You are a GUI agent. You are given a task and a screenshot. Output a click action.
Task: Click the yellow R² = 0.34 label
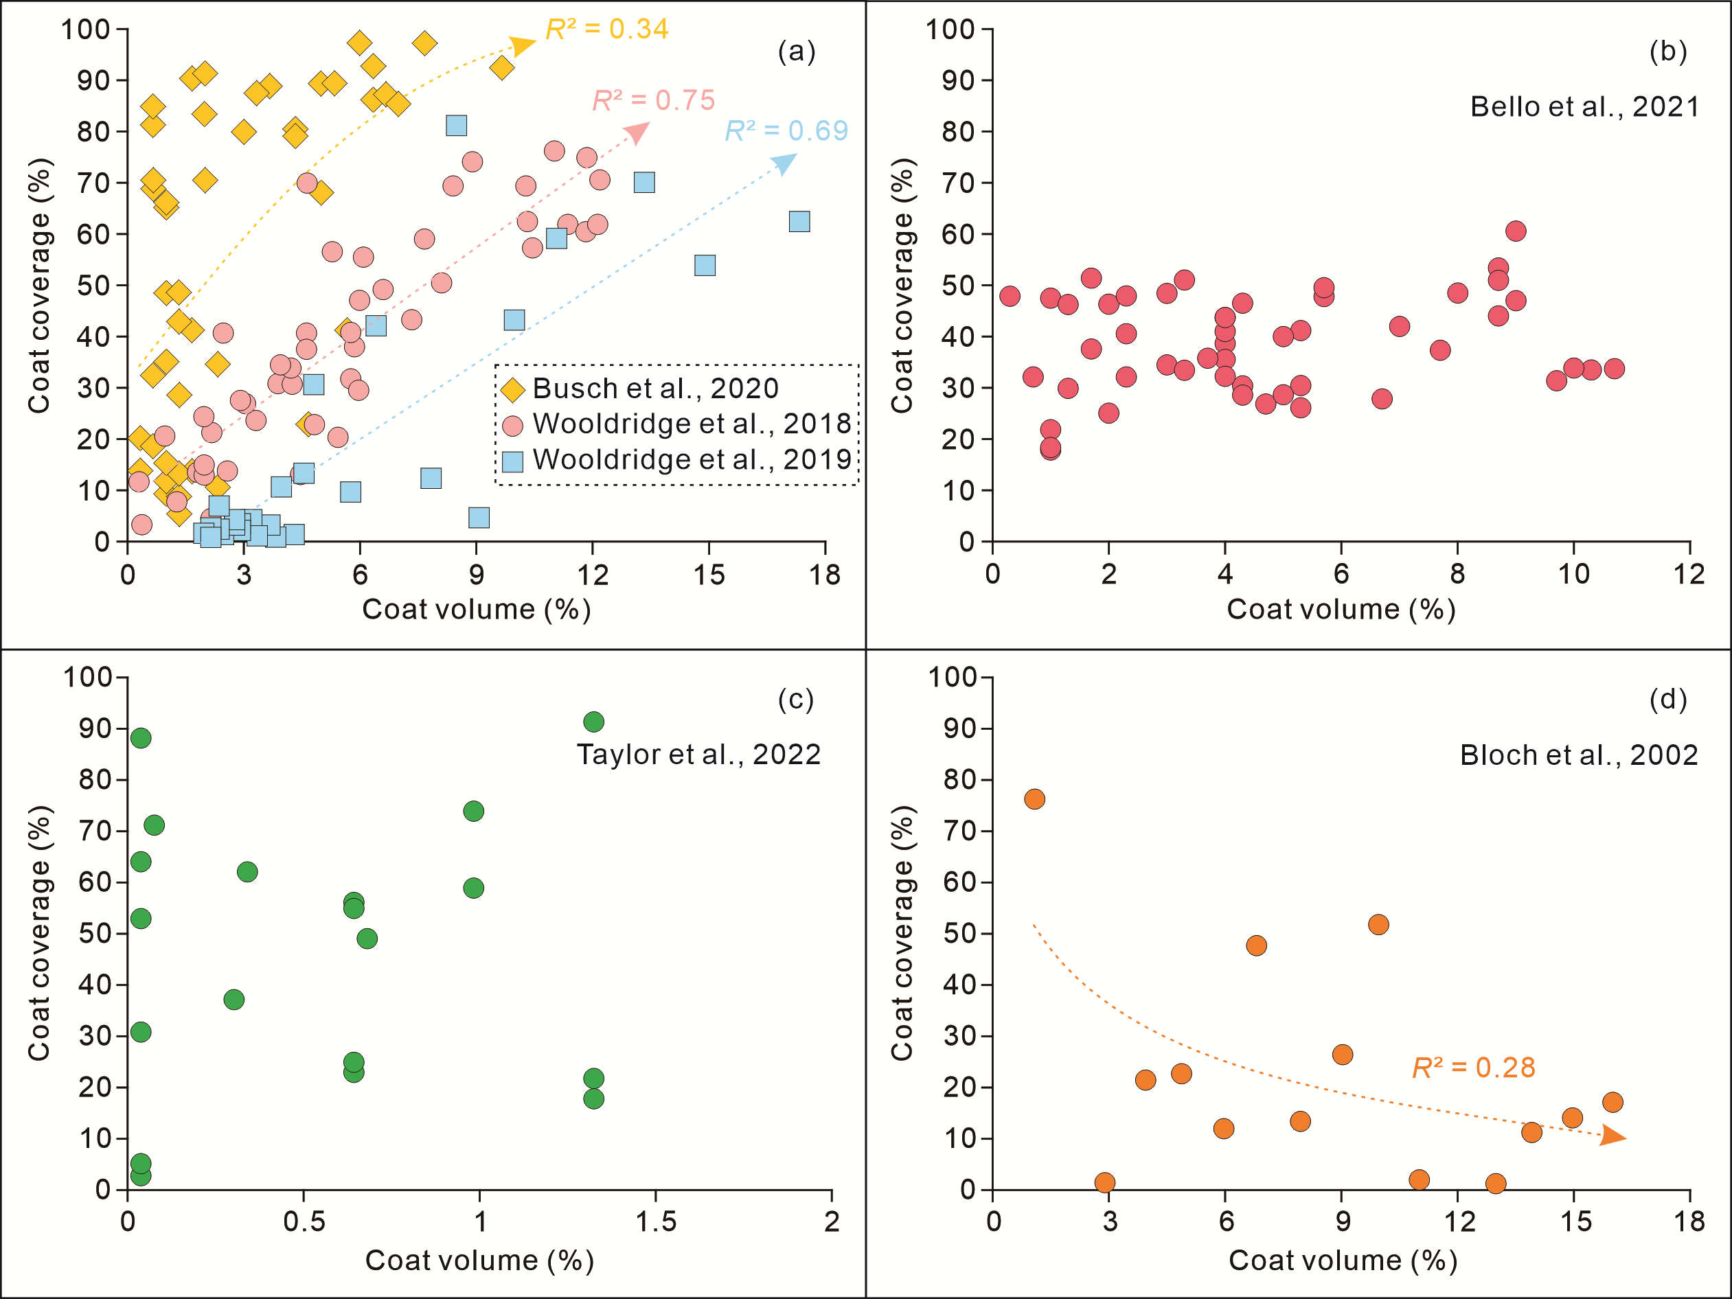point(607,29)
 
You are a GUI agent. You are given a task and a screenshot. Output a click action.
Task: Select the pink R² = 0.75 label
point(653,100)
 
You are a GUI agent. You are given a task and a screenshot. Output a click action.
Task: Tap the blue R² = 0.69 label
point(786,130)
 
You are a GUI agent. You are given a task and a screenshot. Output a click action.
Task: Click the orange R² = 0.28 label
point(1473,1067)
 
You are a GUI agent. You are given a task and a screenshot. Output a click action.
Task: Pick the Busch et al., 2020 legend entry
point(655,389)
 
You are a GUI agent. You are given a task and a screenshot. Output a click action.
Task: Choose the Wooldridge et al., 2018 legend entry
point(692,424)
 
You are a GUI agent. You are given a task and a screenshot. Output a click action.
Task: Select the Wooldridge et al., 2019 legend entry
point(692,459)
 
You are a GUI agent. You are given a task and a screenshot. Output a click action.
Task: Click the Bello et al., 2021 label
point(1584,106)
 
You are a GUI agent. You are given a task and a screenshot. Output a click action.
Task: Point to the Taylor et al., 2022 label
point(698,754)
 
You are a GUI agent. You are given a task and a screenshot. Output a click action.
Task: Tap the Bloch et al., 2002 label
point(1579,755)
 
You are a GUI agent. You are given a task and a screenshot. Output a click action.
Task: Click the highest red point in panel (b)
point(1515,231)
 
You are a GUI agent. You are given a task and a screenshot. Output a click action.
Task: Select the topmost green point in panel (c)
point(593,722)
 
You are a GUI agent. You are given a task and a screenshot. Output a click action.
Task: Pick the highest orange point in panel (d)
point(1034,798)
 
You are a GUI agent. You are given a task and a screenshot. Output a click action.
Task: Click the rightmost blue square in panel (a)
point(799,222)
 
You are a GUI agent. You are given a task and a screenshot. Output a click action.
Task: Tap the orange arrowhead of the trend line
point(1614,1136)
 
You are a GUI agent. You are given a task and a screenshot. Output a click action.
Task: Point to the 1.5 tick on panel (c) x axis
point(655,1221)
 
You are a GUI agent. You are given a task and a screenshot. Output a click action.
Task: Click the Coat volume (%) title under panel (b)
point(1341,609)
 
